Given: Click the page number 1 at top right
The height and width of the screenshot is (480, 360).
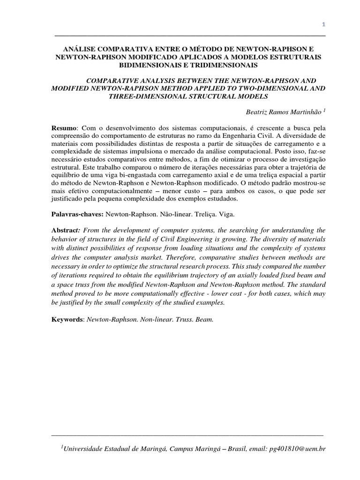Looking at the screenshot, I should pyautogui.click(x=323, y=24).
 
